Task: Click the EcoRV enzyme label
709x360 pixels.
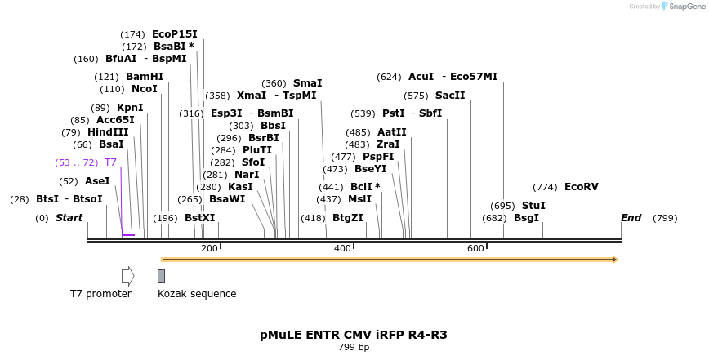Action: tap(581, 187)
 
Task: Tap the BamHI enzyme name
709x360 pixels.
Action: tap(145, 77)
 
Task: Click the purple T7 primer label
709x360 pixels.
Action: tap(110, 162)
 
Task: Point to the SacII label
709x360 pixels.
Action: tap(449, 96)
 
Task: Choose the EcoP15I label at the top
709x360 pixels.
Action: tap(174, 34)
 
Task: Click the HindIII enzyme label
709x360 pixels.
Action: tap(108, 132)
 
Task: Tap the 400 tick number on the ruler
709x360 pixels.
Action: tap(342, 248)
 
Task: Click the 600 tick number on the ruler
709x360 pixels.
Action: tap(475, 248)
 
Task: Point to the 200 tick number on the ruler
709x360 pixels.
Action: tap(209, 248)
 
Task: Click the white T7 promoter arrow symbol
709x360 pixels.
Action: tap(127, 276)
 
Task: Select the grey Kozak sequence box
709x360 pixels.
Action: tap(162, 276)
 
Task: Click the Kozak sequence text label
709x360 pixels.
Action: tap(197, 294)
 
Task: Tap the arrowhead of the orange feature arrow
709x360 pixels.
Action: tap(614, 260)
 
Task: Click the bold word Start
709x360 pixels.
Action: tap(69, 218)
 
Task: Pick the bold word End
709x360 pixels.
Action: tap(631, 218)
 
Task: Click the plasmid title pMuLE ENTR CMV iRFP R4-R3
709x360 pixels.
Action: tap(354, 335)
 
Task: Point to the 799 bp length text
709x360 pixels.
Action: tap(354, 348)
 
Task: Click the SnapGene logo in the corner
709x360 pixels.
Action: tap(682, 7)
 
